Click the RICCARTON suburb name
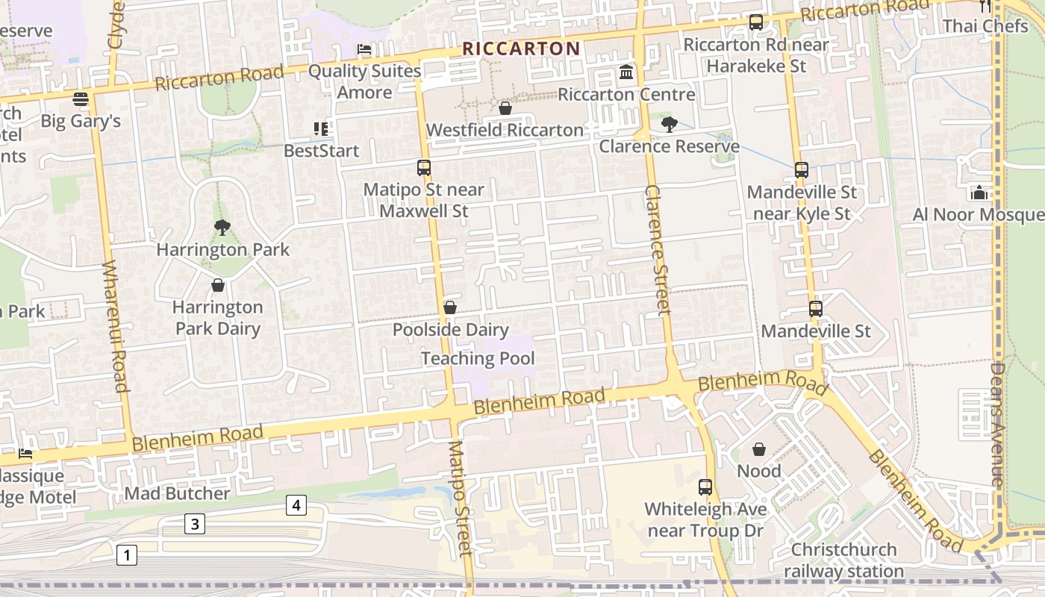click(520, 49)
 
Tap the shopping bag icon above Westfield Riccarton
click(505, 109)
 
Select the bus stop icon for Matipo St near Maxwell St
click(424, 168)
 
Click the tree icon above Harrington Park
click(222, 228)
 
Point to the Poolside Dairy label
click(450, 330)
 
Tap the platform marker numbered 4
click(296, 506)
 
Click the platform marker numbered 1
click(127, 555)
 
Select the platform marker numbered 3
click(195, 524)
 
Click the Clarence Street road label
click(655, 250)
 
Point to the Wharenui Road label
click(115, 326)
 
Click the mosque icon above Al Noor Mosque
click(979, 193)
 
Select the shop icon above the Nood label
click(759, 449)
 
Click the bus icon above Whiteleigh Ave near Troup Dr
click(705, 487)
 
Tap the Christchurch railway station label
click(843, 560)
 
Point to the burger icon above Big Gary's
click(81, 99)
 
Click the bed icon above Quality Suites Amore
click(364, 49)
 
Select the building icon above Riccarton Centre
click(626, 72)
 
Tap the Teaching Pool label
click(478, 359)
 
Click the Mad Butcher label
click(177, 493)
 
